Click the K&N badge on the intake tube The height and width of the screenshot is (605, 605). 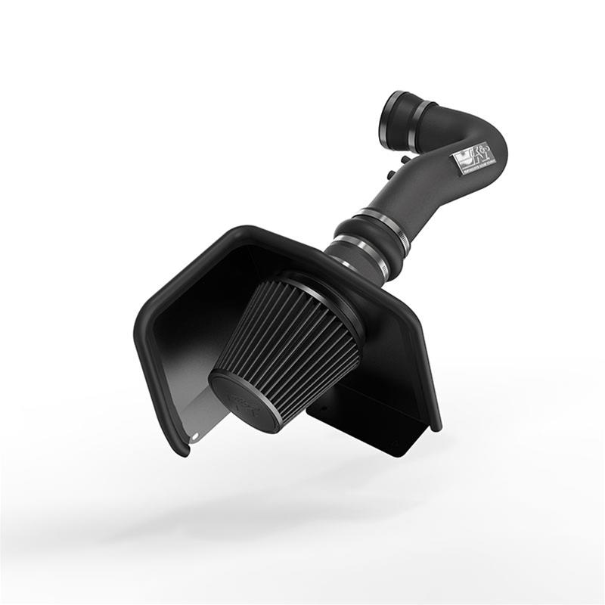click(470, 160)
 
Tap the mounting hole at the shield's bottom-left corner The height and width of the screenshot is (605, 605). click(194, 435)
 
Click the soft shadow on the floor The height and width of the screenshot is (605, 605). click(250, 522)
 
